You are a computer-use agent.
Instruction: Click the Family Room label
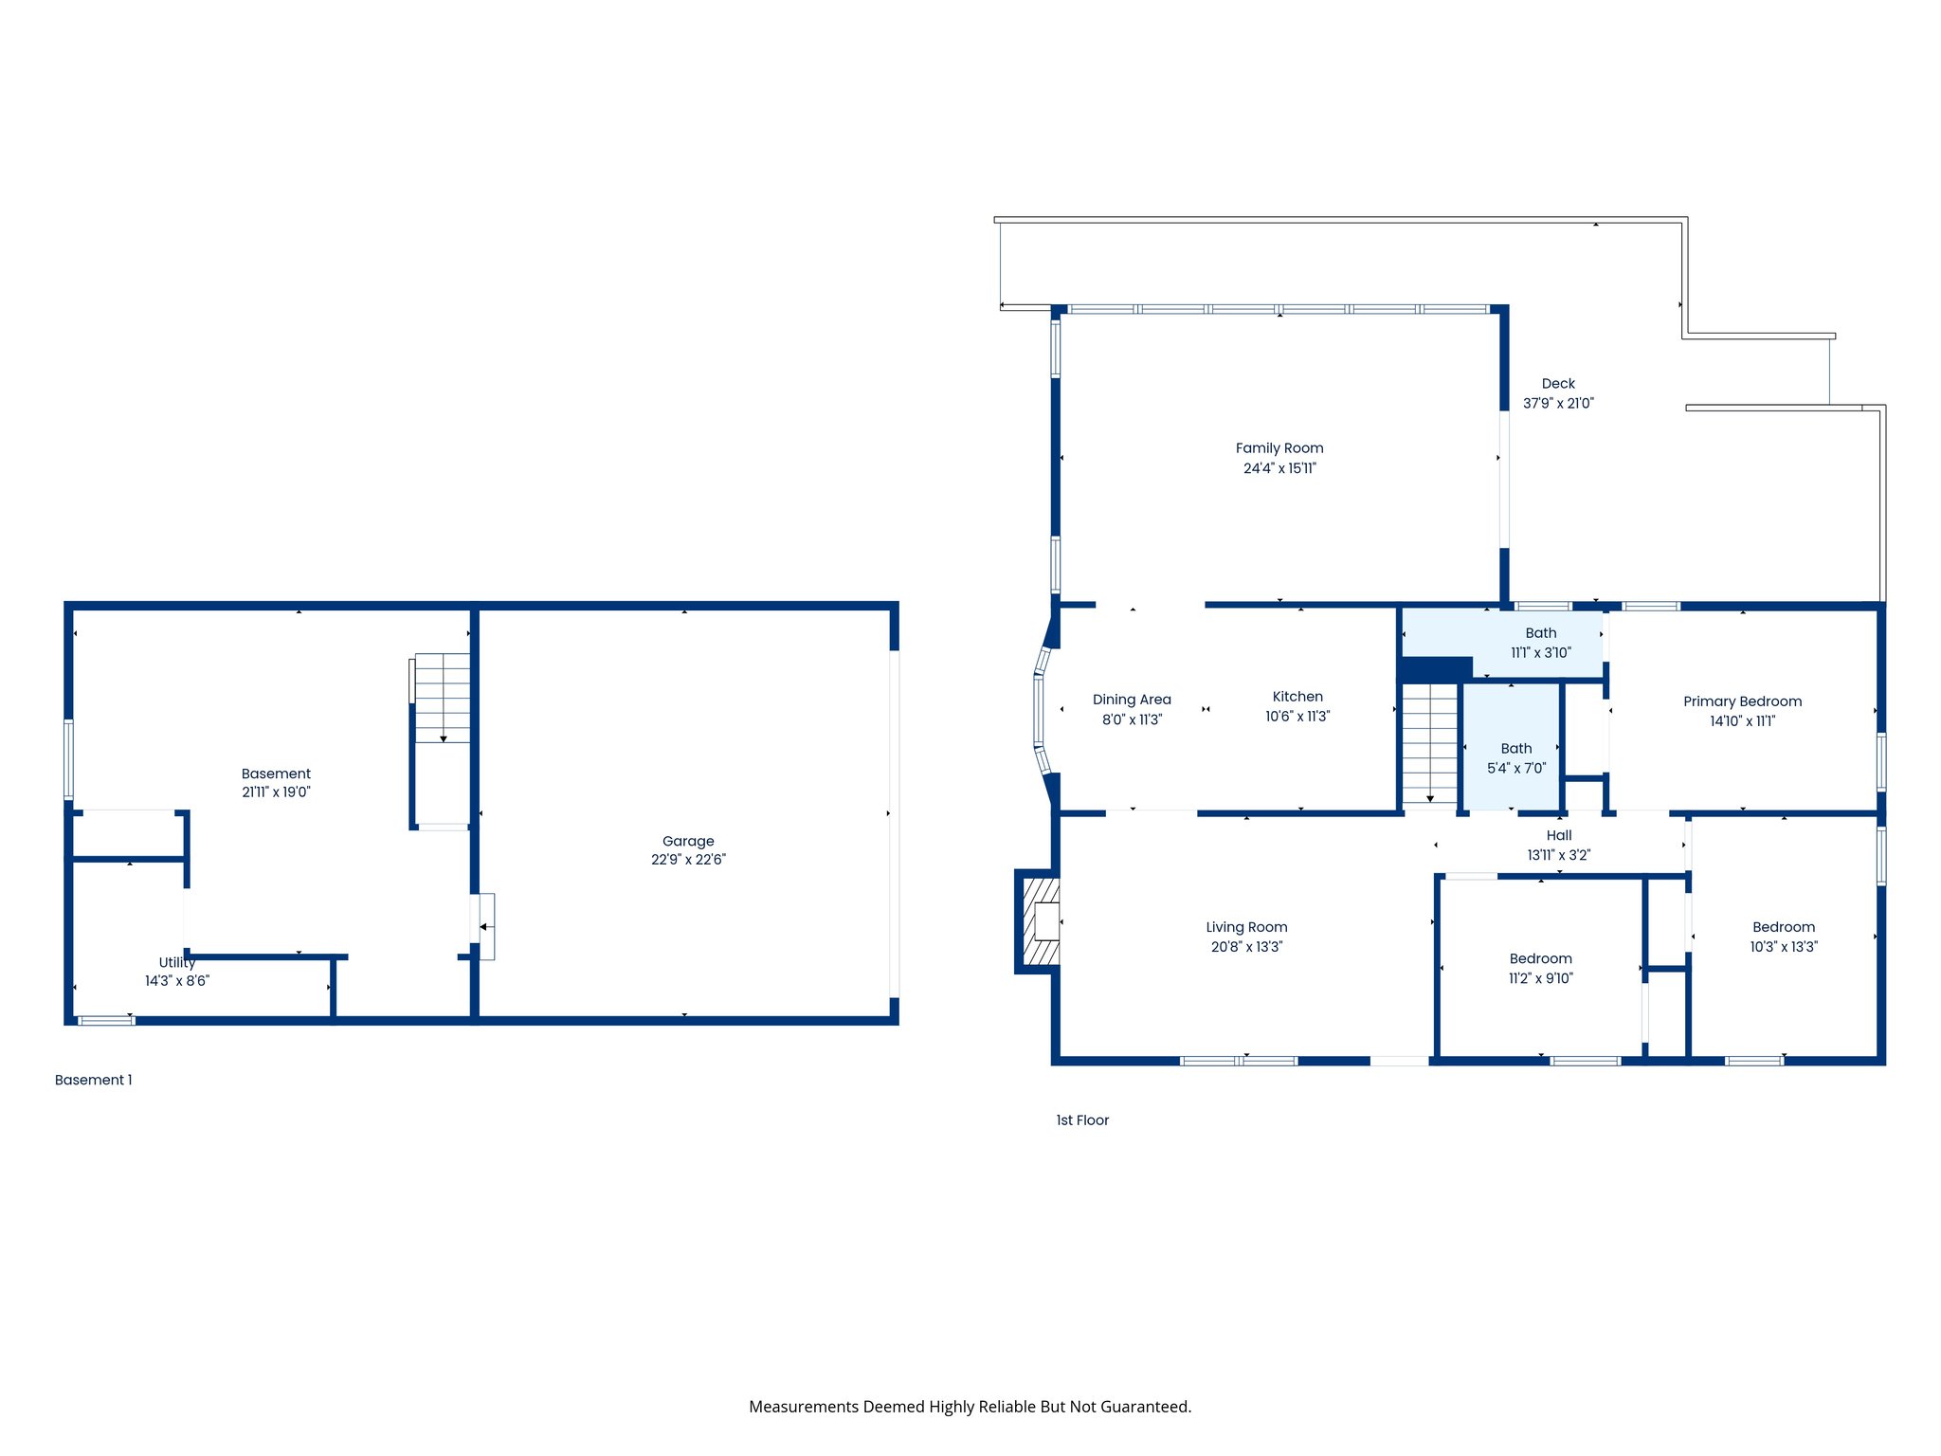point(1279,448)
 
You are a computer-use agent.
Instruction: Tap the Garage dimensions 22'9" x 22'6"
point(688,860)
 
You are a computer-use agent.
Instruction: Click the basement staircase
point(442,699)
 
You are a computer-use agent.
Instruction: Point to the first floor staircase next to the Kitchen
point(1429,744)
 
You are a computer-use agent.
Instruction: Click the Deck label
point(1558,384)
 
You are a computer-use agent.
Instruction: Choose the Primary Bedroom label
point(1742,701)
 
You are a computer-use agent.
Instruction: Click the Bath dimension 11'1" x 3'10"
point(1540,653)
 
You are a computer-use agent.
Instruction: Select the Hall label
point(1558,835)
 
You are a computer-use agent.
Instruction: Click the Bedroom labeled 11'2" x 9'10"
point(1540,958)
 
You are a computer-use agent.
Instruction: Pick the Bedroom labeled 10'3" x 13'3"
point(1783,927)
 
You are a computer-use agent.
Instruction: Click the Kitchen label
point(1297,697)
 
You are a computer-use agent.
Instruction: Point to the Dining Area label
point(1132,700)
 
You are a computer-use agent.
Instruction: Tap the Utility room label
point(176,962)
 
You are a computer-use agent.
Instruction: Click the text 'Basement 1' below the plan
point(93,1080)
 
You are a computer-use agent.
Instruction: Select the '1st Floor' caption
point(1081,1120)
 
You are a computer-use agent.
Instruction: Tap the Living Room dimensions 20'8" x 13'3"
point(1245,947)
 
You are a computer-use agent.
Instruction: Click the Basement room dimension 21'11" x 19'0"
point(276,792)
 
